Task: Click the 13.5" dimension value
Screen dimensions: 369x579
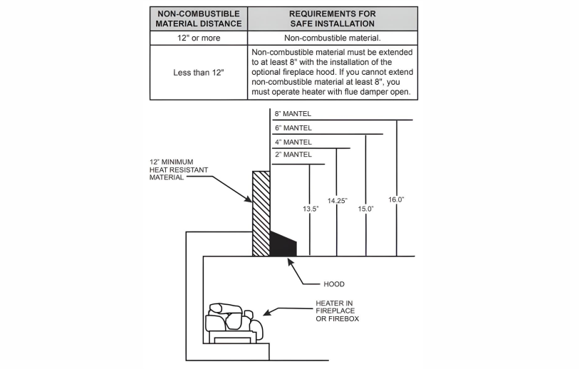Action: [x=310, y=209]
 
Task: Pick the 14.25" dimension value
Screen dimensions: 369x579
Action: [x=337, y=202]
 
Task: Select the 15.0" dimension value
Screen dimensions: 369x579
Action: [x=366, y=209]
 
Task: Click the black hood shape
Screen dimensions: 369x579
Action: [x=282, y=244]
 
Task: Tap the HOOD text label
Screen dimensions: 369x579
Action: [x=333, y=284]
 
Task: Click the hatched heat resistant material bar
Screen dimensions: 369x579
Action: [x=261, y=213]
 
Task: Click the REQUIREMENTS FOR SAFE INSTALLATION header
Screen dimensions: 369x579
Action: [x=332, y=19]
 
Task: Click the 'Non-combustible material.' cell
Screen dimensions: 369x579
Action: [x=332, y=38]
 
